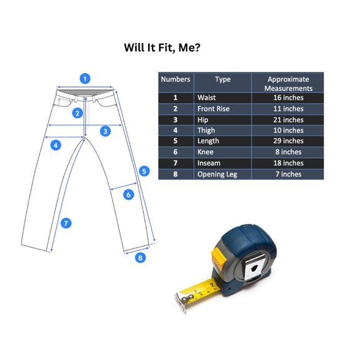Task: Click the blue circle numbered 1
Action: [x=85, y=79]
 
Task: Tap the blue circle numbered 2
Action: [x=78, y=113]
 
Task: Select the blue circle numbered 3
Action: [x=106, y=132]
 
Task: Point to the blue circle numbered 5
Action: [x=144, y=171]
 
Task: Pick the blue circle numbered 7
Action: [x=66, y=223]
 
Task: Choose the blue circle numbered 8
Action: [x=140, y=258]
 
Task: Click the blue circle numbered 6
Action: [x=128, y=195]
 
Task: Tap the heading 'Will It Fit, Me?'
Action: [x=162, y=48]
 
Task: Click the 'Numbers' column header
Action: [x=176, y=79]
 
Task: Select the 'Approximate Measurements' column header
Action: [x=289, y=84]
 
